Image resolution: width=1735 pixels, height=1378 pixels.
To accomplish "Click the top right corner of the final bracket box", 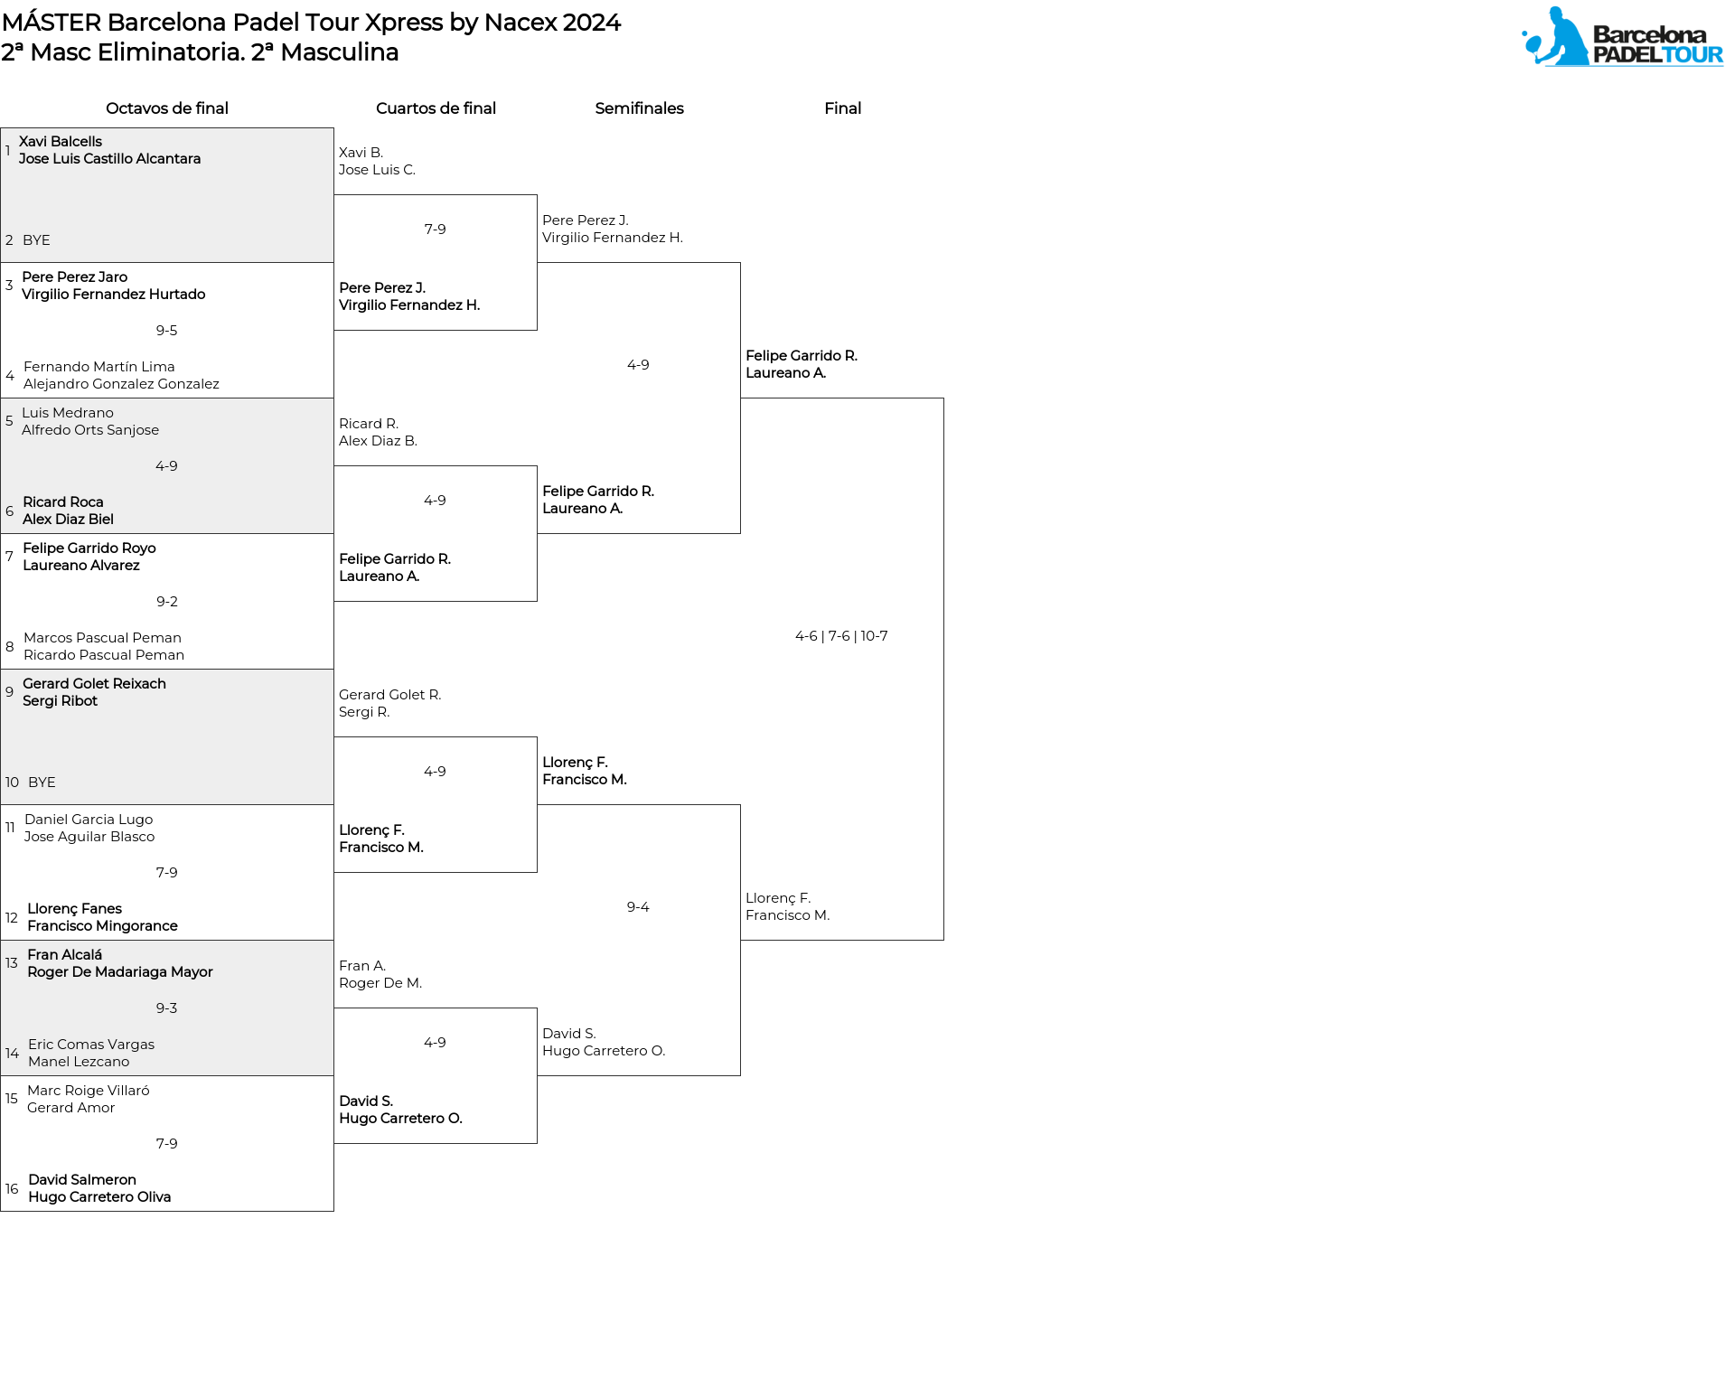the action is [x=943, y=398].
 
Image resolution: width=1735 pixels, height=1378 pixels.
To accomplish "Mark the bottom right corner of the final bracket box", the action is [x=943, y=940].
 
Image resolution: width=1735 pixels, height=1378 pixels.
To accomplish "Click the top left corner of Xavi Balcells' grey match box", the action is [x=1, y=127].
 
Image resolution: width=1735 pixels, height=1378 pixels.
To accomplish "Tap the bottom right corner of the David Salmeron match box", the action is [x=333, y=1211].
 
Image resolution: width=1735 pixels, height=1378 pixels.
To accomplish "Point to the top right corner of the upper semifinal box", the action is [x=740, y=263].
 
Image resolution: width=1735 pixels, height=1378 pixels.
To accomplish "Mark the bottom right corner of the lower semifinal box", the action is [x=740, y=1075].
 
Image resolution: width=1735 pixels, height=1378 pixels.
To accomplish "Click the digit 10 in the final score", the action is [x=867, y=636].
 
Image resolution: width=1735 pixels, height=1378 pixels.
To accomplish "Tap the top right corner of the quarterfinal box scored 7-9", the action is [x=537, y=195].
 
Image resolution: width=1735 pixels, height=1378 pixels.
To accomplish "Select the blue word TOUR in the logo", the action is [x=1693, y=54].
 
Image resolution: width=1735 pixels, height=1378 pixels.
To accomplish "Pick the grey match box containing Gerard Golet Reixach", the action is [x=167, y=736].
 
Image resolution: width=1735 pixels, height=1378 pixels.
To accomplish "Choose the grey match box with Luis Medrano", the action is [x=167, y=465].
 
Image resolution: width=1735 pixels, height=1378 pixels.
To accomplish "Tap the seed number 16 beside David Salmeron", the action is [x=12, y=1188].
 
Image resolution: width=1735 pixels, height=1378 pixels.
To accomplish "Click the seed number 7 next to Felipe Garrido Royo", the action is [x=9, y=556].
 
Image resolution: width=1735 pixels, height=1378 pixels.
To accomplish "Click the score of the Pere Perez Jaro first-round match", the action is [x=166, y=331].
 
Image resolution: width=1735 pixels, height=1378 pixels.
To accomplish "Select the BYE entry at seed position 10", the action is [x=42, y=783].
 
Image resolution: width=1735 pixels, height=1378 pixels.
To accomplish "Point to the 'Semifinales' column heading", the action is [x=639, y=108].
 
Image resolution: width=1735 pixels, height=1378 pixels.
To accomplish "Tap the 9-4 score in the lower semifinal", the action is [x=638, y=907].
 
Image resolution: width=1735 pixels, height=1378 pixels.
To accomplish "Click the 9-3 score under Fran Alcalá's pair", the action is [x=166, y=1008].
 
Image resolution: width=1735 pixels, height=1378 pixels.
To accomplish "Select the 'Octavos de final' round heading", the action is [x=167, y=108].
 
